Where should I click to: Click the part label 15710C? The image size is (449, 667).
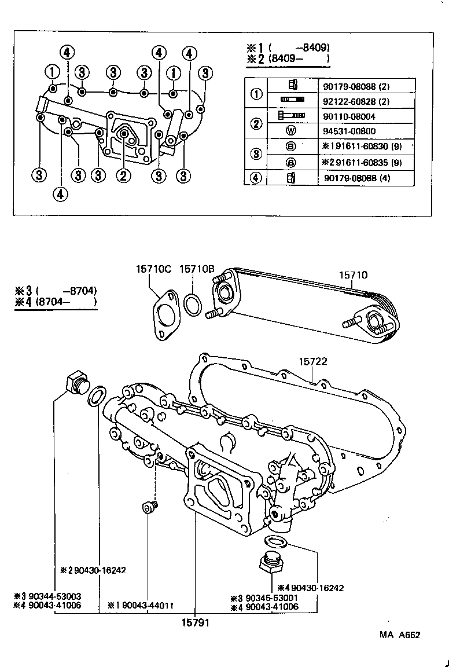(x=154, y=269)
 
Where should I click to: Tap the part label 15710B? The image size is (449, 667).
(x=197, y=269)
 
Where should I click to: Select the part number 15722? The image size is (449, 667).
(x=313, y=361)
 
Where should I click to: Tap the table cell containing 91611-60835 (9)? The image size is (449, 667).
(x=365, y=162)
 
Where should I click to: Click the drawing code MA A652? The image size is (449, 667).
(x=399, y=635)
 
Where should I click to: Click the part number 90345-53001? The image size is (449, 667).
(x=267, y=598)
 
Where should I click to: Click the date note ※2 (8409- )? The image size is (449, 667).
(x=288, y=58)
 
